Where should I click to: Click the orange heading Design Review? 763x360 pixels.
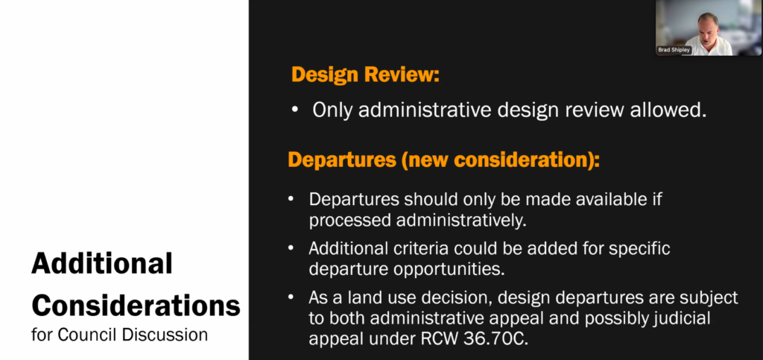click(x=365, y=75)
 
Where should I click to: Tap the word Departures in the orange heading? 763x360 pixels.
click(x=341, y=160)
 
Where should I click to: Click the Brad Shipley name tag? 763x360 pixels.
click(x=674, y=50)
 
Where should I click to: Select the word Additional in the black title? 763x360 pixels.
click(x=101, y=264)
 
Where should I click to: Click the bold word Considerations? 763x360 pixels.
click(x=136, y=306)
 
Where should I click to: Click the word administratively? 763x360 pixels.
click(x=461, y=221)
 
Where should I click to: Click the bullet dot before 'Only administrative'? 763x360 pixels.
click(x=295, y=111)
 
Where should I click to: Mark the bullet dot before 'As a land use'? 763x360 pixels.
click(x=291, y=297)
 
